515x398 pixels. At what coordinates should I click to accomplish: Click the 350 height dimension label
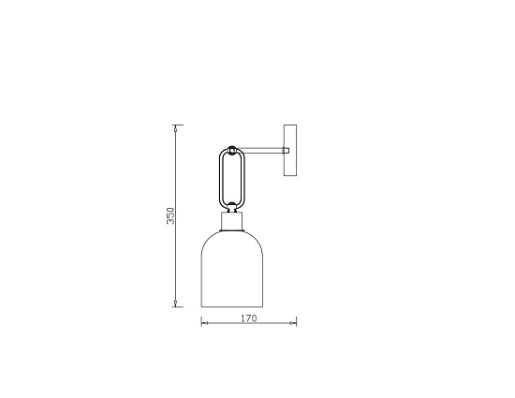pos(169,217)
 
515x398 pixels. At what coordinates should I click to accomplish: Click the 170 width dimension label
pos(249,318)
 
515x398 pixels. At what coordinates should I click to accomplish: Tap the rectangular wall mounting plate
pos(289,150)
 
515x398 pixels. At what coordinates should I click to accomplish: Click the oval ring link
pos(232,178)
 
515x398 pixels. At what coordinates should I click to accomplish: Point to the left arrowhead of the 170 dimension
pos(203,324)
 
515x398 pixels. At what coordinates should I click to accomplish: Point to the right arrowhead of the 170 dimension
pos(295,324)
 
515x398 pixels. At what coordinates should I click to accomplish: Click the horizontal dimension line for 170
pos(249,324)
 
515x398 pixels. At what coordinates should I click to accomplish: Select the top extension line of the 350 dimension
pos(178,124)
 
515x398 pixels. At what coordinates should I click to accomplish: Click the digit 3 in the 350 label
pos(169,223)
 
